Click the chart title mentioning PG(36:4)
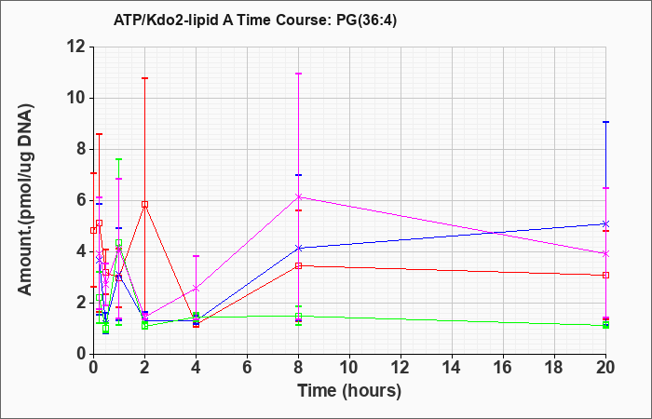[255, 20]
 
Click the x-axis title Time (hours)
[349, 391]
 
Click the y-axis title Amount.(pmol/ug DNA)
[26, 200]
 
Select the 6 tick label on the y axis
[82, 200]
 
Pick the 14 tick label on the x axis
[452, 368]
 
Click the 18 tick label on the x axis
[554, 368]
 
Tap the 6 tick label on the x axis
[247, 368]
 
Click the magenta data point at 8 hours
[298, 197]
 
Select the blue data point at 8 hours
[298, 249]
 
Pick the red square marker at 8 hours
[298, 265]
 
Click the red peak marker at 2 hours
[144, 205]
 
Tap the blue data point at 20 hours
[605, 224]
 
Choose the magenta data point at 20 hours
[605, 253]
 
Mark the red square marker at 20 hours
[605, 276]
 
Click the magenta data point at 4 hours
[196, 288]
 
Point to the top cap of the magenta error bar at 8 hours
[298, 74]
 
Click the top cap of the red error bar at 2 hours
[144, 78]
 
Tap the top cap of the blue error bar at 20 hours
[605, 122]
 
